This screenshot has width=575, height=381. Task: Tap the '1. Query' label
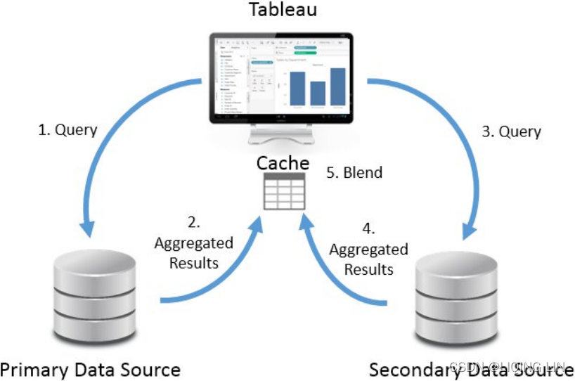(67, 130)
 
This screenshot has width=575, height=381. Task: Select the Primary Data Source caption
(91, 369)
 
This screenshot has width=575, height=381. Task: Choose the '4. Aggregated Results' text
(368, 250)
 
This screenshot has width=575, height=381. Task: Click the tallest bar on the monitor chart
(338, 86)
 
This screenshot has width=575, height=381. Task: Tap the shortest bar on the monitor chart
(318, 93)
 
